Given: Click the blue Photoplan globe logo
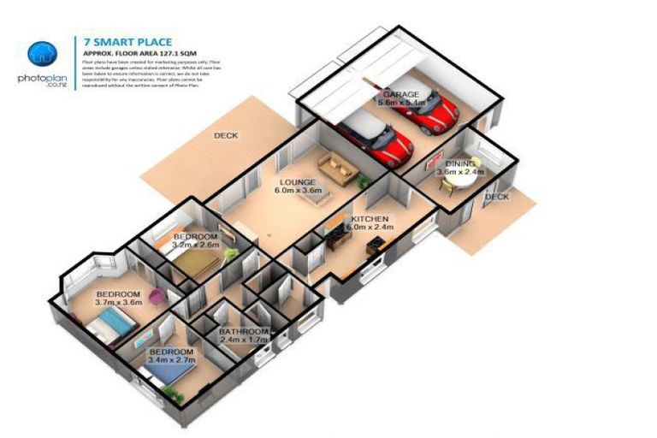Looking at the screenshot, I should pyautogui.click(x=42, y=54).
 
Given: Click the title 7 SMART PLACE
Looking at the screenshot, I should pyautogui.click(x=127, y=41).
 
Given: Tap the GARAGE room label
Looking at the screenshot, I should pyautogui.click(x=400, y=94).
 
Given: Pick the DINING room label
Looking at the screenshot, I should pyautogui.click(x=460, y=163).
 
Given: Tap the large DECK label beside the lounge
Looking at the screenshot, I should pyautogui.click(x=226, y=135).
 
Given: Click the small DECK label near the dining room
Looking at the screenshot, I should pyautogui.click(x=496, y=197).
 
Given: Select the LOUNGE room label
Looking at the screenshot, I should pyautogui.click(x=296, y=182).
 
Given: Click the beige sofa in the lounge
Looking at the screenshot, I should pyautogui.click(x=337, y=168).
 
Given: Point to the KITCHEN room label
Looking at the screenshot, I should pyautogui.click(x=370, y=219).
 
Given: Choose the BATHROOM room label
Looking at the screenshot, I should pyautogui.click(x=243, y=331).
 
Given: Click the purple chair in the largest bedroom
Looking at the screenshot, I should pyautogui.click(x=157, y=297).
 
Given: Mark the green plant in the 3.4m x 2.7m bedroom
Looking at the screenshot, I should pyautogui.click(x=174, y=394).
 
